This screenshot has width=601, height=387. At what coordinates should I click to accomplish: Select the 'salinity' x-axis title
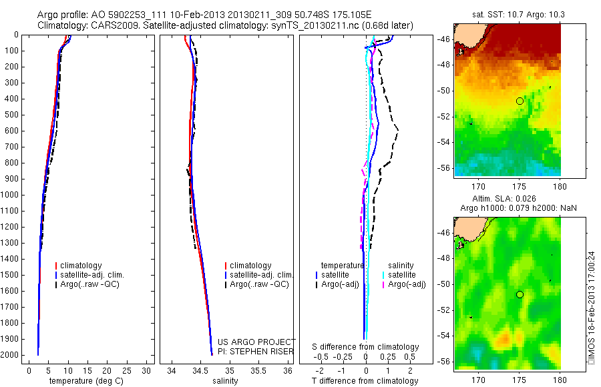[224, 381]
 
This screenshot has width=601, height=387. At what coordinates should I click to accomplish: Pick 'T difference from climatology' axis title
[365, 381]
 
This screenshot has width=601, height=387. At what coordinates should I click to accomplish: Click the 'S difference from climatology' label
[365, 347]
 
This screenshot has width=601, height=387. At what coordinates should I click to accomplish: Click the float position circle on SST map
[520, 101]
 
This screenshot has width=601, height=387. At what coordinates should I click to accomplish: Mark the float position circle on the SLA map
[520, 294]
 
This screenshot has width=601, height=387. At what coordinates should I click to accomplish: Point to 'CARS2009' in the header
[108, 26]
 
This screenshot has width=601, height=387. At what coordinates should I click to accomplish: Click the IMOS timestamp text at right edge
[591, 307]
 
